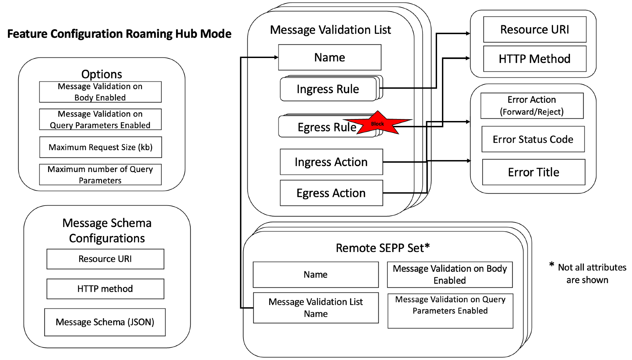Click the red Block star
click(378, 123)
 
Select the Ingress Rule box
click(328, 89)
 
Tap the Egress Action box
click(331, 193)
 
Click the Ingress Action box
click(331, 162)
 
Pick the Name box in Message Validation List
click(329, 57)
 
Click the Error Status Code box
click(533, 139)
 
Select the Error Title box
click(534, 172)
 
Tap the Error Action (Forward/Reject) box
click(532, 106)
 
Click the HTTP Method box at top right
click(535, 59)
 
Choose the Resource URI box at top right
click(535, 30)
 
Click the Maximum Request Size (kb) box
click(100, 147)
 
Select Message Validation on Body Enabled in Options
click(100, 92)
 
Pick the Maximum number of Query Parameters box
click(100, 175)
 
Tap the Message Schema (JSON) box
click(105, 322)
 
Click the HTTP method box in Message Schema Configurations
click(105, 289)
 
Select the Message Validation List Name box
click(316, 308)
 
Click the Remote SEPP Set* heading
click(383, 248)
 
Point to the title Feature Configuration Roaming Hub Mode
click(119, 34)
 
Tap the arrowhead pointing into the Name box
click(276, 57)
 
